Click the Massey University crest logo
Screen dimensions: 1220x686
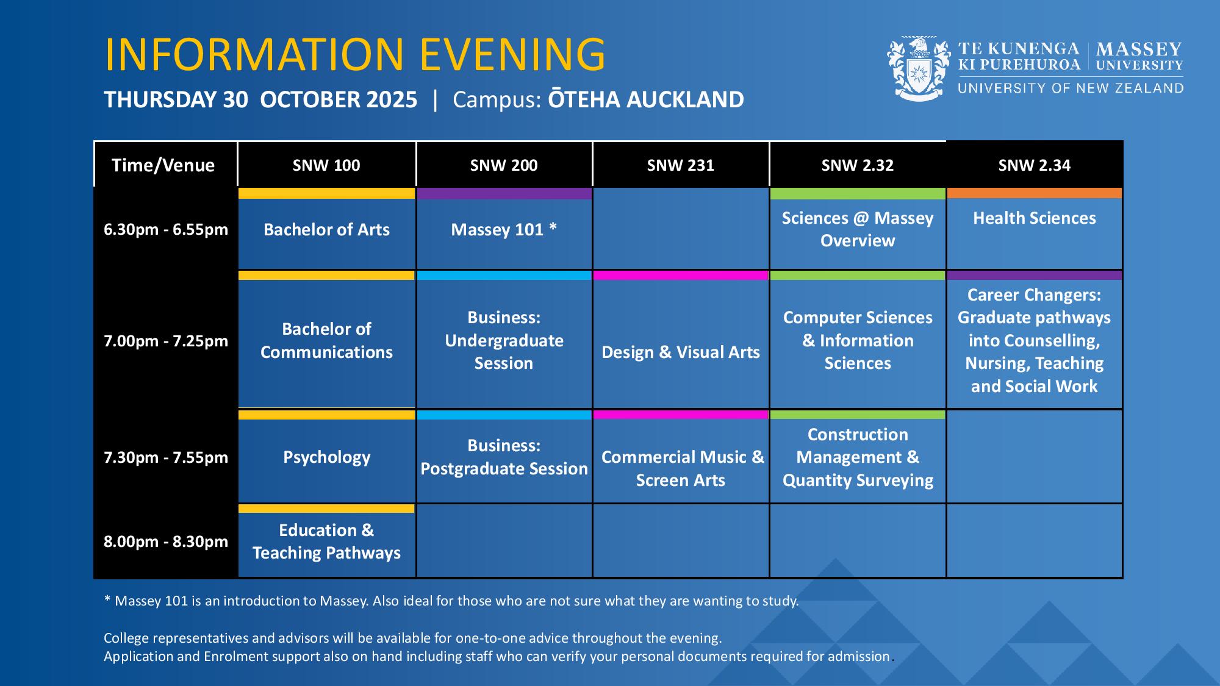coord(919,68)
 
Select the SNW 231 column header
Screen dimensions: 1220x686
coord(681,165)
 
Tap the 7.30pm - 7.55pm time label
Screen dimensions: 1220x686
coord(166,457)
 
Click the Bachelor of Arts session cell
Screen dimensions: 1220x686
coord(326,229)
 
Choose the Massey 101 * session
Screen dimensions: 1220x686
coord(504,229)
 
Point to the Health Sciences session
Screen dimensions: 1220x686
coord(1035,229)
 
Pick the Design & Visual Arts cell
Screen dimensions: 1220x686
coord(681,340)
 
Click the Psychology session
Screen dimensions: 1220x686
coord(326,457)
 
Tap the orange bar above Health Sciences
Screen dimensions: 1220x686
coord(1035,193)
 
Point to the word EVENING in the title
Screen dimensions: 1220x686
coord(512,54)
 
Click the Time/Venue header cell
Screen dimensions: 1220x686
coord(163,165)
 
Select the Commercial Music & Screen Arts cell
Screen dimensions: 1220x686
coord(681,457)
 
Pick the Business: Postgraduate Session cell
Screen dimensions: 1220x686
coord(504,457)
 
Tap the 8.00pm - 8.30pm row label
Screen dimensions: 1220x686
coord(166,541)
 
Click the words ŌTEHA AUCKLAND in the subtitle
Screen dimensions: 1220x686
coord(646,99)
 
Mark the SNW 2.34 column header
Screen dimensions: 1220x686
coord(1035,165)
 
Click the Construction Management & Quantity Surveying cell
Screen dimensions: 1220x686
coord(858,457)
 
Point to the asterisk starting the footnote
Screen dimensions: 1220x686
coord(107,599)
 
